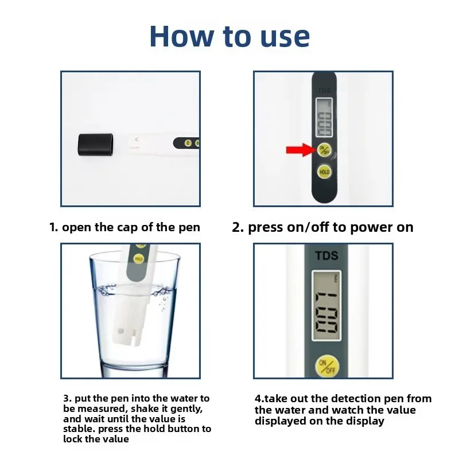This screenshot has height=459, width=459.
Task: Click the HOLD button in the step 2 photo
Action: point(324,171)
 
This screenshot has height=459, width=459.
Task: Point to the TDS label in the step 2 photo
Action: point(324,90)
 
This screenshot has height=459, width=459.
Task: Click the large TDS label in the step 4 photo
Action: point(326,256)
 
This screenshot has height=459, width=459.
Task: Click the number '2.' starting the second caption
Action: point(238,227)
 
